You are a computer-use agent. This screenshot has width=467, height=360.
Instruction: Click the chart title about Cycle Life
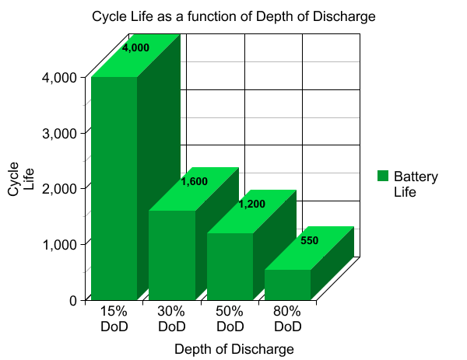pos(233,16)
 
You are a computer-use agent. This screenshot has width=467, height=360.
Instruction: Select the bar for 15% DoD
pos(114,187)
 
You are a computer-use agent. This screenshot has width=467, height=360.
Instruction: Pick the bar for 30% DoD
pos(172,254)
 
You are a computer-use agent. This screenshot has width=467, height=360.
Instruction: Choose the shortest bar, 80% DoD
pos(287,284)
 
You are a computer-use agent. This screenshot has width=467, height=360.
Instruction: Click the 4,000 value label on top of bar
pos(135,47)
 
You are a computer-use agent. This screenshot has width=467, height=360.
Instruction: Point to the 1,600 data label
pos(194,182)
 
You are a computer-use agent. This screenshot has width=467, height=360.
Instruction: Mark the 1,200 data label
pos(251,204)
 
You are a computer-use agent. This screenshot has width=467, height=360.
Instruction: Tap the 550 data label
pos(309,241)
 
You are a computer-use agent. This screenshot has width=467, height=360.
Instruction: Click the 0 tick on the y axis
pos(72,300)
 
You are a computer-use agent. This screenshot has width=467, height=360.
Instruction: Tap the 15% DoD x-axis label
pos(114,318)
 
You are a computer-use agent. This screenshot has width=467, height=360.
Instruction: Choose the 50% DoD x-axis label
pos(230,318)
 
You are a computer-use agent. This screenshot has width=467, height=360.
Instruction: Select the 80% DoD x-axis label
pos(287,318)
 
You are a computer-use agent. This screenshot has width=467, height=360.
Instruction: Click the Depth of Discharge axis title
pos(233,349)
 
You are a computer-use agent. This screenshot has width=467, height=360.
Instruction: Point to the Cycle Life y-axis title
pos(20,178)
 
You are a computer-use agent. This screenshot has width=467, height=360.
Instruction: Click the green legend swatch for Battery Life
pos(382,177)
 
